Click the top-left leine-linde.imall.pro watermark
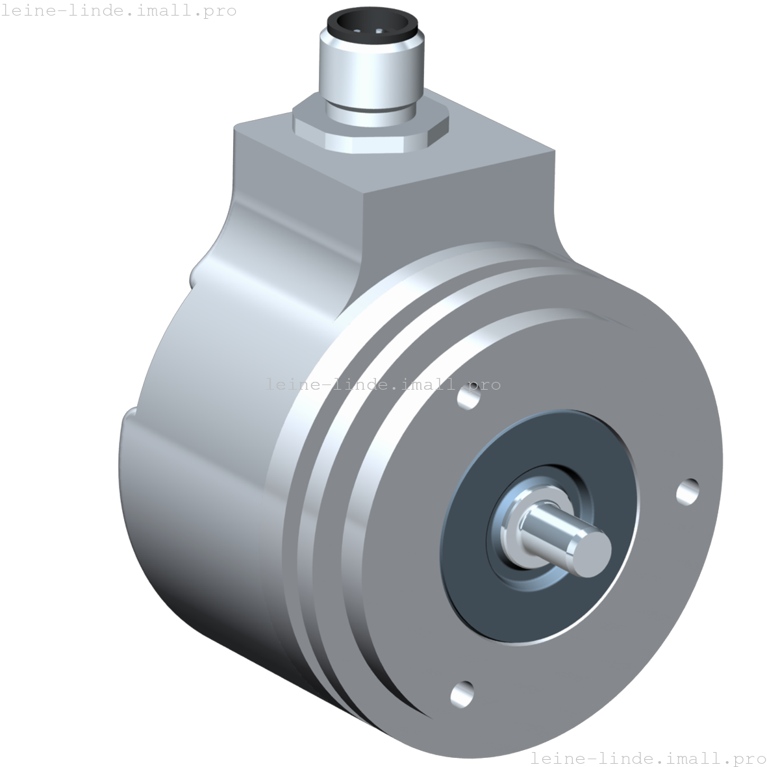pyautogui.click(x=118, y=10)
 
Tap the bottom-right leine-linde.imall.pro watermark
pyautogui.click(x=648, y=757)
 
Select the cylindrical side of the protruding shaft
pyautogui.click(x=552, y=529)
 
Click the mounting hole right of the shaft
pyautogui.click(x=687, y=492)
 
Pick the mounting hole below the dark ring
pyautogui.click(x=462, y=694)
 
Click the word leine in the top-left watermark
pyautogui.click(x=29, y=10)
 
